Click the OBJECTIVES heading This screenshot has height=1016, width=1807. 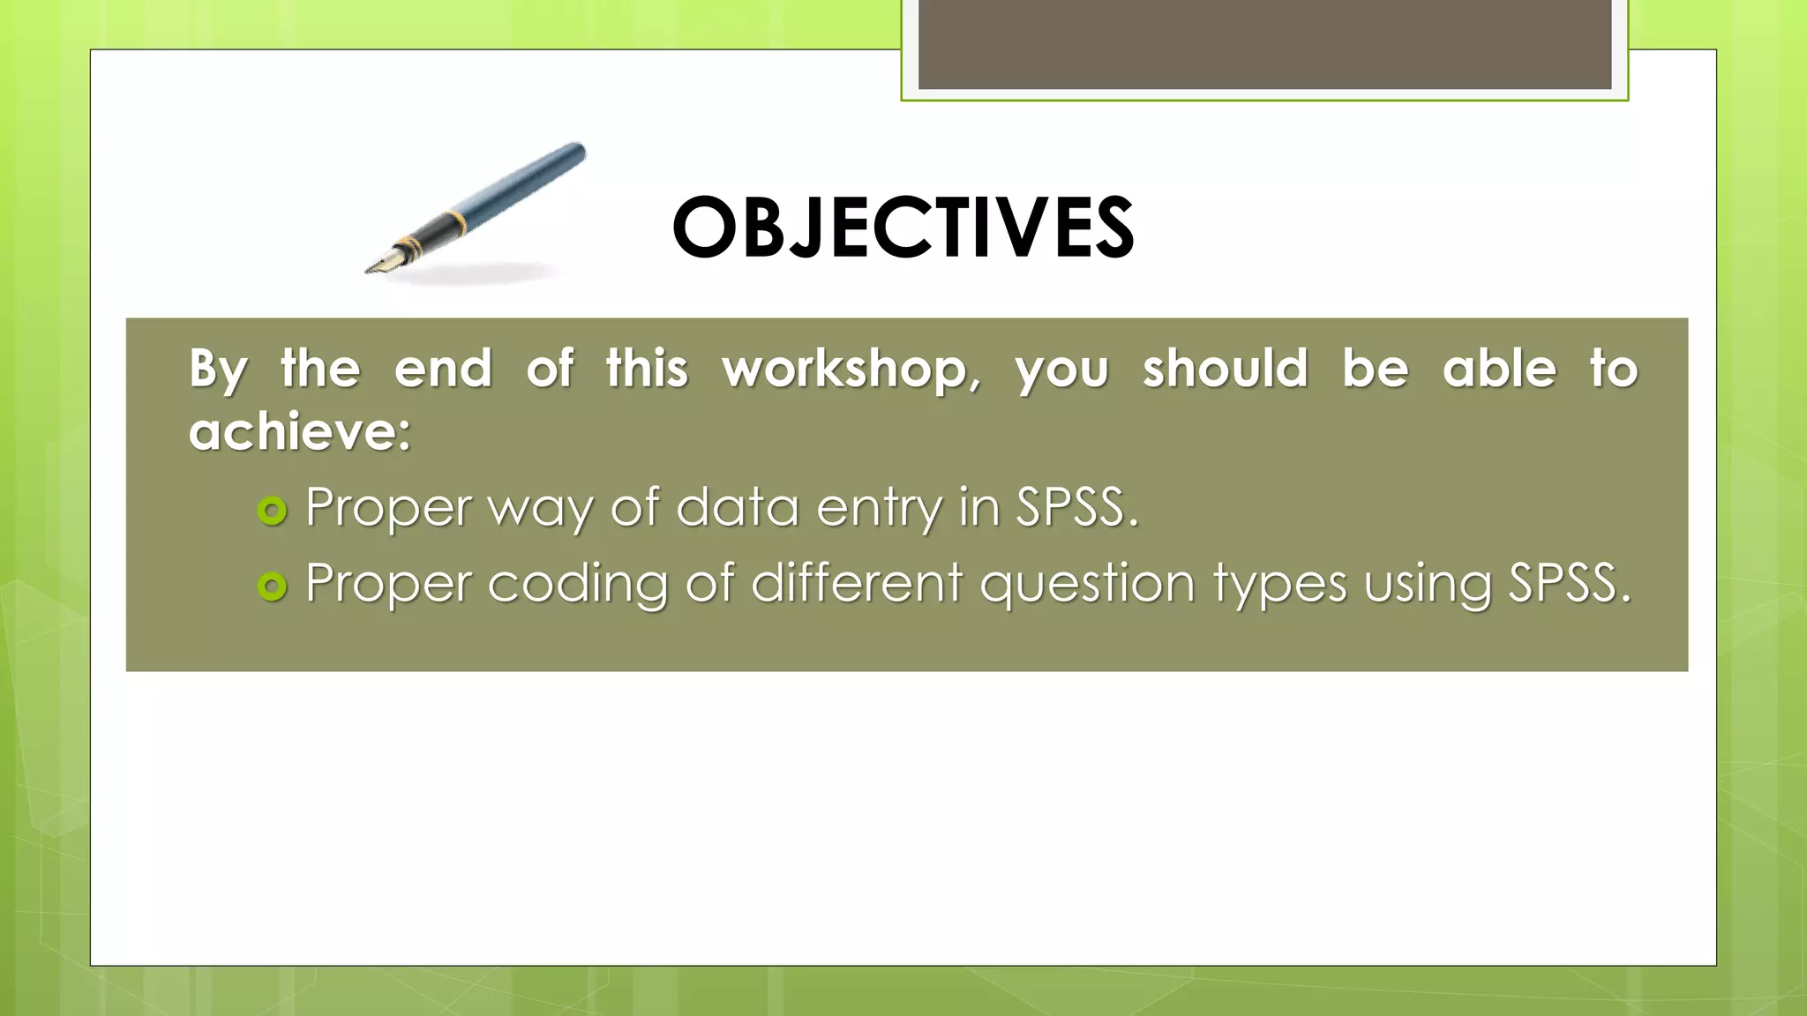(x=903, y=228)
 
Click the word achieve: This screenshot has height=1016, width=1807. (x=300, y=432)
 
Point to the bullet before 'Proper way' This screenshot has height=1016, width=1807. (x=273, y=511)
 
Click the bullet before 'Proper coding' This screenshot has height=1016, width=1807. (x=273, y=586)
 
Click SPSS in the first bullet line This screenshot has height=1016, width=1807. (x=1076, y=507)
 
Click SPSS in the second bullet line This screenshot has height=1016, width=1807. (x=1568, y=583)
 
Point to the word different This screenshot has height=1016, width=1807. (x=857, y=583)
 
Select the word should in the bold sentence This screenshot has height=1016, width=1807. (x=1225, y=369)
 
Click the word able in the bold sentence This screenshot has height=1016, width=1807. (x=1499, y=369)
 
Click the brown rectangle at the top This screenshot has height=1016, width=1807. (x=1264, y=44)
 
